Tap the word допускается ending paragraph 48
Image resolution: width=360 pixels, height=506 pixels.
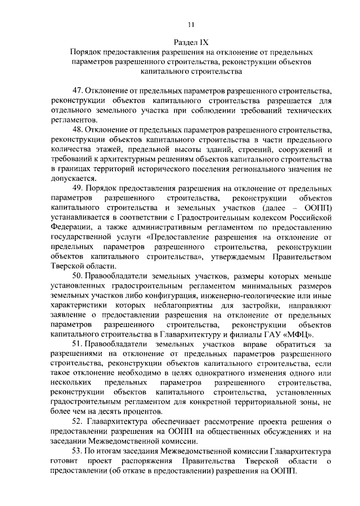click(74, 179)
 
